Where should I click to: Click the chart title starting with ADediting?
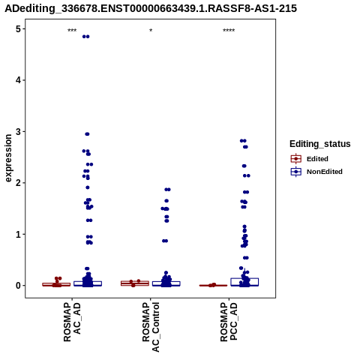point(151,8)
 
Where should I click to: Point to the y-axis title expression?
point(8,158)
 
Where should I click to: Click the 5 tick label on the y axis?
point(18,29)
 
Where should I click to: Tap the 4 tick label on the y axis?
point(18,80)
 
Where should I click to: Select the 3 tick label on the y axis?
point(18,131)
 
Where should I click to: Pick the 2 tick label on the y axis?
point(18,183)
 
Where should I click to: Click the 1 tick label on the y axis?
point(18,234)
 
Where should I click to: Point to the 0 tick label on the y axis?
point(18,286)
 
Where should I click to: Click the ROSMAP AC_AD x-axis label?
point(72,322)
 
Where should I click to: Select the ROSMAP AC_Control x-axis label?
point(151,327)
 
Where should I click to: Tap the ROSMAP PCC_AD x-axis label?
point(229,322)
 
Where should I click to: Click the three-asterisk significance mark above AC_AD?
point(72,31)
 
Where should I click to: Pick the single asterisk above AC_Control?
point(151,31)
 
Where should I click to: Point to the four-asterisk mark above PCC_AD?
point(229,31)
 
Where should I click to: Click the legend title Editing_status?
point(320,144)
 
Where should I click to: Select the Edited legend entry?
point(309,159)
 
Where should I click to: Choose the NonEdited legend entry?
point(316,172)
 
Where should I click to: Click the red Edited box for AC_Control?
point(135,283)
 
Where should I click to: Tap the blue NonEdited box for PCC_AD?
point(244,282)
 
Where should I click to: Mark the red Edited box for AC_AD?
point(56,284)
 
